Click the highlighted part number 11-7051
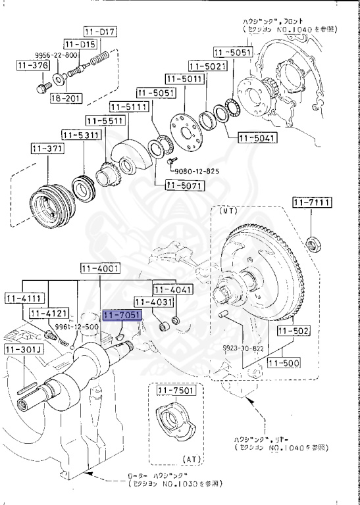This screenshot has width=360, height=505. click(x=122, y=316)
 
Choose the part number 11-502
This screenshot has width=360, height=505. click(x=293, y=331)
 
